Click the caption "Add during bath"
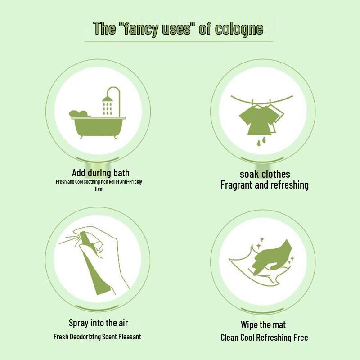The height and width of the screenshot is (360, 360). (x=100, y=173)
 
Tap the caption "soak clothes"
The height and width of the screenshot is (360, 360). (x=265, y=174)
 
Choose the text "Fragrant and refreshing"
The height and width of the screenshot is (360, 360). (x=265, y=185)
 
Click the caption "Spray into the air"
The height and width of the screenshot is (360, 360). (x=98, y=323)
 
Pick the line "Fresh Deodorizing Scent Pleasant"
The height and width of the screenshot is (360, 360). (x=97, y=337)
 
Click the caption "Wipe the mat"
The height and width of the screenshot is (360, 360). (x=263, y=324)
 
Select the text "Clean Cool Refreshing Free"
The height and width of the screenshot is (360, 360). (x=264, y=337)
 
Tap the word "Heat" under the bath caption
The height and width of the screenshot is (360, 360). (x=99, y=189)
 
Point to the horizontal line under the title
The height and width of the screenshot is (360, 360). (x=179, y=42)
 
